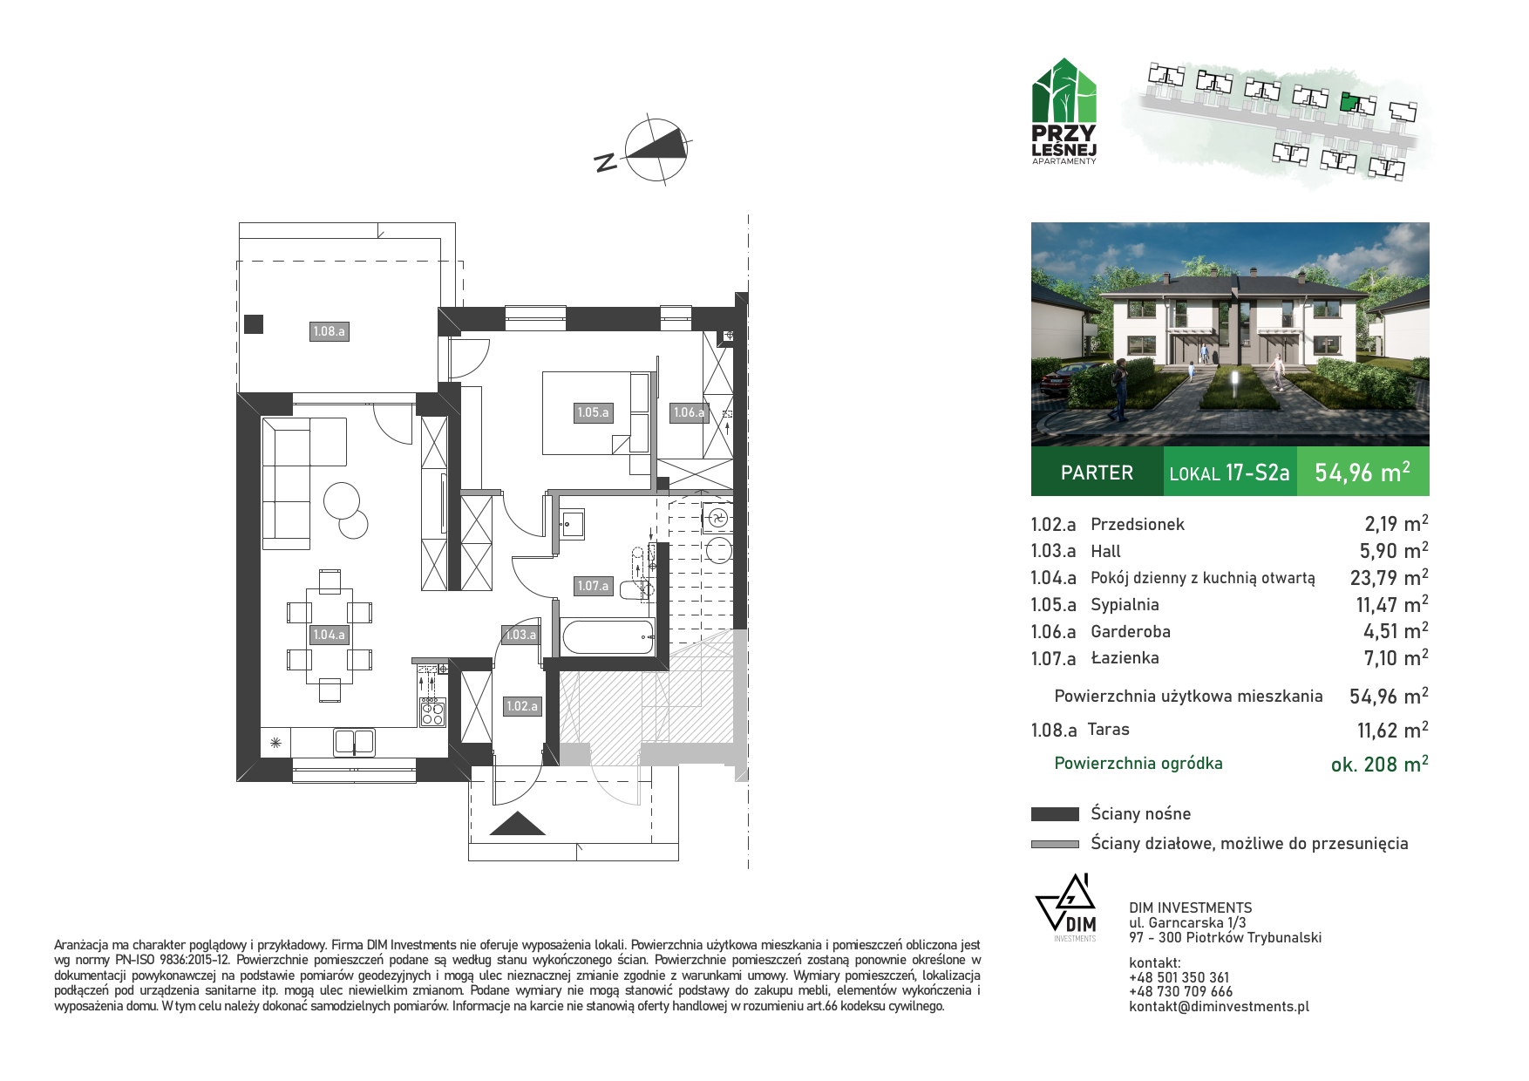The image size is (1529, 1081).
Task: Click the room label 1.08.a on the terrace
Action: tap(329, 331)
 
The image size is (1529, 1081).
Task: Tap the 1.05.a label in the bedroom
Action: tap(593, 412)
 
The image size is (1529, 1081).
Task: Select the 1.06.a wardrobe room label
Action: tap(689, 412)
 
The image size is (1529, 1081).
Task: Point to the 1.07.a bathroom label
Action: tap(593, 586)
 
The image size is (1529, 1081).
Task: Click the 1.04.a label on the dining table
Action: tap(330, 635)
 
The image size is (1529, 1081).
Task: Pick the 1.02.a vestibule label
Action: tap(522, 706)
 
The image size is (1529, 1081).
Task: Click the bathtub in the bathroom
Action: tap(608, 636)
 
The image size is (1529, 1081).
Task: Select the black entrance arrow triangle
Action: tap(518, 824)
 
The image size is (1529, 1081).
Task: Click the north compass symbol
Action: tap(656, 150)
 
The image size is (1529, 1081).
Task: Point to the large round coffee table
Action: tap(342, 500)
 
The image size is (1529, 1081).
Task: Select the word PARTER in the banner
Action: tap(1097, 473)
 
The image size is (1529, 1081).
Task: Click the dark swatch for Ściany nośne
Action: tap(1055, 814)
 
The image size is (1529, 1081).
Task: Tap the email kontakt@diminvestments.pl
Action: tap(1219, 1006)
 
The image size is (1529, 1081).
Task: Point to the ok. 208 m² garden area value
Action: tap(1379, 764)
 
